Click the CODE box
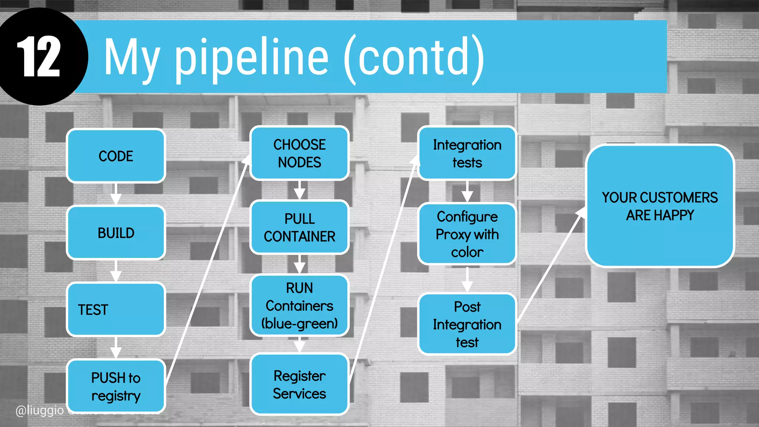[x=116, y=156]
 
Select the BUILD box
[x=116, y=233]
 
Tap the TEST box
[x=116, y=310]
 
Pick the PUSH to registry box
[x=116, y=386]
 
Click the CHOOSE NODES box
[x=299, y=153]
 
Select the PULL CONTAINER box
[x=299, y=227]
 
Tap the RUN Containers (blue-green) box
[x=299, y=305]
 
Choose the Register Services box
[x=299, y=384]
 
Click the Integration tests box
[x=467, y=153]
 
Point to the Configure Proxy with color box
[x=467, y=234]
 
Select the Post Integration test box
[x=467, y=324]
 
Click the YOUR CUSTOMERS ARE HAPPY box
[x=660, y=206]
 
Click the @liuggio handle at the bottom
[x=40, y=410]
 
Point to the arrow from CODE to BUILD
[x=116, y=194]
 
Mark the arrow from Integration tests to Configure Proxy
[x=467, y=192]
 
